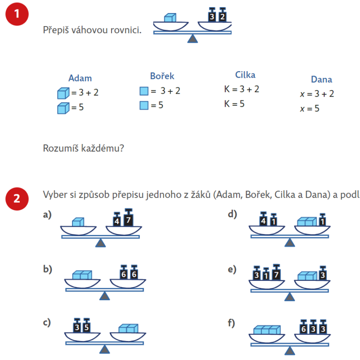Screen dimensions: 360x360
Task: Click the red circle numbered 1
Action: click(17, 13)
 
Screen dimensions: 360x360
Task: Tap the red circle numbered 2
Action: click(17, 198)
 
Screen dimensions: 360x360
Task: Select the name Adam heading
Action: click(80, 78)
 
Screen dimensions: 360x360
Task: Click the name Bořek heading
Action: click(162, 76)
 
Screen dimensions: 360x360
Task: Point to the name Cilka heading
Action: click(245, 75)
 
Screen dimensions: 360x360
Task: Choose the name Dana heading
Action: click(322, 80)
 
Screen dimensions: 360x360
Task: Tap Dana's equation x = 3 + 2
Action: click(317, 94)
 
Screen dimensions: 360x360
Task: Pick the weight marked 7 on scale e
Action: click(276, 273)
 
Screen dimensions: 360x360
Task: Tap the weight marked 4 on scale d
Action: click(264, 220)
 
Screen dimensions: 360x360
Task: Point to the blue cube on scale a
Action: click(79, 222)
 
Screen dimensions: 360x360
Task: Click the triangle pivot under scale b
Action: click(105, 296)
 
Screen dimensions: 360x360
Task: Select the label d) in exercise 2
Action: click(232, 214)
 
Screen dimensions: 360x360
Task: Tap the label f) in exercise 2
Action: click(232, 323)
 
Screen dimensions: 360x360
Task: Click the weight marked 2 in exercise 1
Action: click(222, 17)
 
